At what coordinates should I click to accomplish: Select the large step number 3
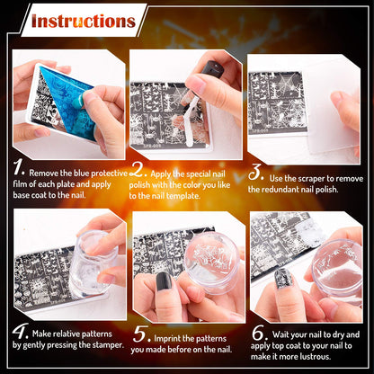click(x=256, y=171)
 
